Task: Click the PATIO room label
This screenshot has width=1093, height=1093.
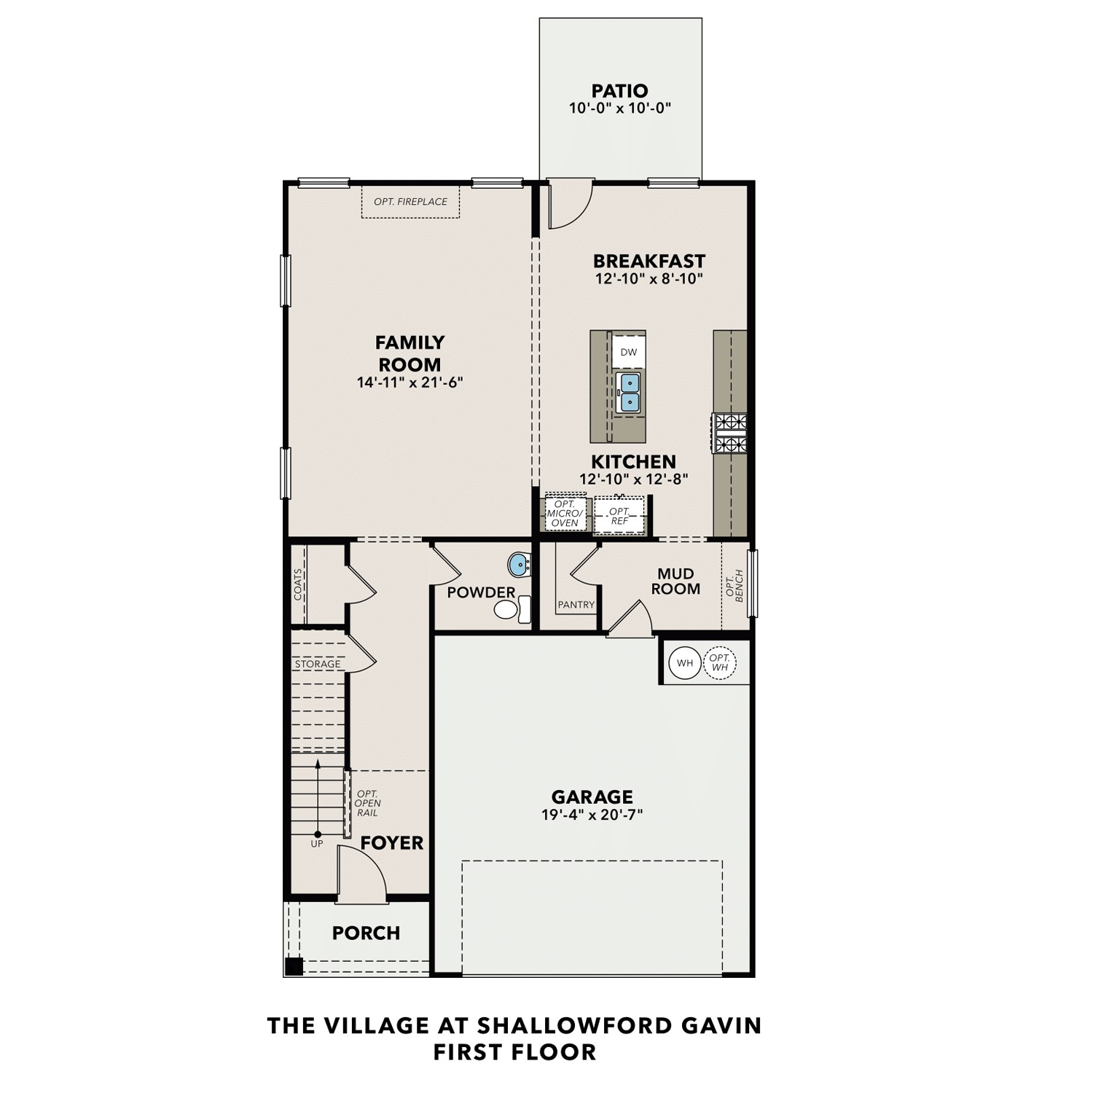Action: pyautogui.click(x=619, y=91)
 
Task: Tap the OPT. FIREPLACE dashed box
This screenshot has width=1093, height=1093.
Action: pyautogui.click(x=411, y=202)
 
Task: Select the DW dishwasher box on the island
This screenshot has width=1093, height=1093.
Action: pyautogui.click(x=628, y=352)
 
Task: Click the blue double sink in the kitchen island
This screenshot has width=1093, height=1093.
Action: pyautogui.click(x=628, y=393)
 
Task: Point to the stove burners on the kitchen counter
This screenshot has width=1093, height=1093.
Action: pyautogui.click(x=729, y=433)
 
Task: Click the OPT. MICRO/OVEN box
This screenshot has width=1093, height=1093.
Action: pyautogui.click(x=565, y=514)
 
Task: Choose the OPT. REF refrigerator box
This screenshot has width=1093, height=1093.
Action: pyautogui.click(x=619, y=516)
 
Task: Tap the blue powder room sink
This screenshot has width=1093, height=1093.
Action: pyautogui.click(x=519, y=564)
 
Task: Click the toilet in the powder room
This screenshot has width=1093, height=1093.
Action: pyautogui.click(x=513, y=609)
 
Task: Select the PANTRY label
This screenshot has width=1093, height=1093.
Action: pyautogui.click(x=576, y=605)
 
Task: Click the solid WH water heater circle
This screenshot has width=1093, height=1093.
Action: pyautogui.click(x=685, y=663)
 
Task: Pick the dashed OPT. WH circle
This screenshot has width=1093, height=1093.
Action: pyautogui.click(x=720, y=663)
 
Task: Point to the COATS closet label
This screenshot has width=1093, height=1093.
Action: pyautogui.click(x=298, y=584)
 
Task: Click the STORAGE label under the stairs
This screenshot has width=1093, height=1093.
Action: pyautogui.click(x=318, y=665)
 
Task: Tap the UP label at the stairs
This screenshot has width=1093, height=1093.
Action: pyautogui.click(x=317, y=844)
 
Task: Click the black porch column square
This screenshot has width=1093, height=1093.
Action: pyautogui.click(x=294, y=967)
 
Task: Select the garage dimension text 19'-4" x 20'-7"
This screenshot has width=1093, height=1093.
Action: pyautogui.click(x=592, y=815)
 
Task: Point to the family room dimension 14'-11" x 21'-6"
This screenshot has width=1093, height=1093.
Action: pyautogui.click(x=410, y=382)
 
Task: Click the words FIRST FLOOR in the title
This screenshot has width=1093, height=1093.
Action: pyautogui.click(x=514, y=1052)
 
